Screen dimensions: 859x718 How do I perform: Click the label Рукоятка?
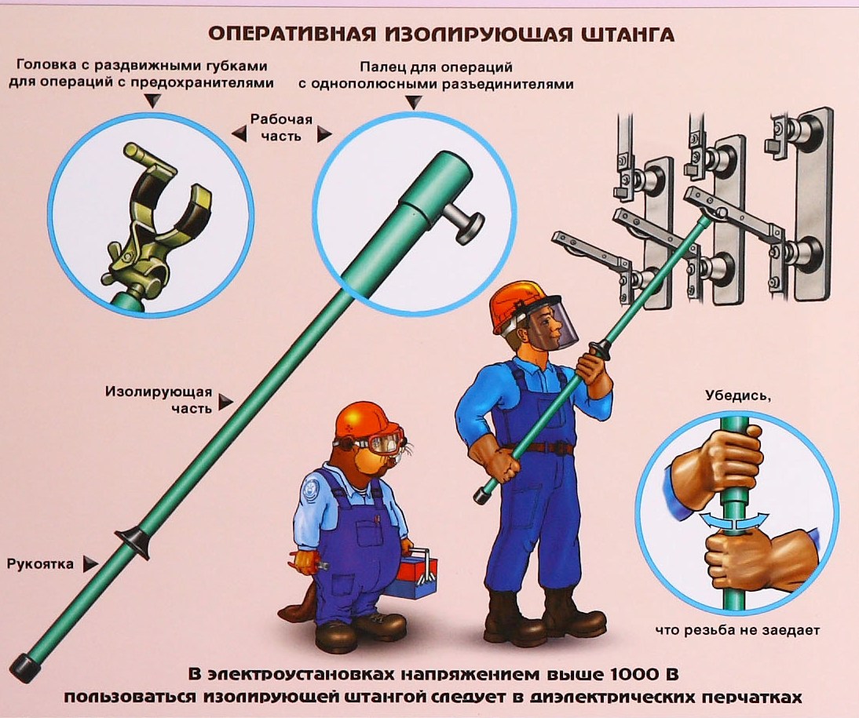pos(40,563)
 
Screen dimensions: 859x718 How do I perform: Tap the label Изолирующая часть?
pos(159,399)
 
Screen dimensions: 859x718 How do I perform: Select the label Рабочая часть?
pos(281,127)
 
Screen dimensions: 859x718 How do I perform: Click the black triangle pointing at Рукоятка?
pos(90,564)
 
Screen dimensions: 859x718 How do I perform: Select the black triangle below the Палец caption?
pos(414,103)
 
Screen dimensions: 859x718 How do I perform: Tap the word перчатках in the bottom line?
pos(751,698)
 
